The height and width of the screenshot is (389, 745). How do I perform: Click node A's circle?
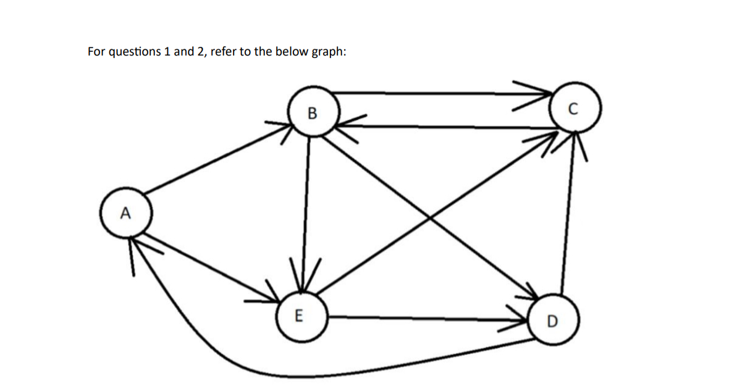(x=125, y=214)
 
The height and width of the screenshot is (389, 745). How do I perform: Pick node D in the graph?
(x=552, y=320)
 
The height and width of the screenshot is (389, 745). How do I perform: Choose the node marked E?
(x=300, y=317)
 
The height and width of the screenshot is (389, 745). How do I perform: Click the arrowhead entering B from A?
(x=285, y=128)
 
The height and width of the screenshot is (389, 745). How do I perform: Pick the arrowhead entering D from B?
(x=532, y=292)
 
